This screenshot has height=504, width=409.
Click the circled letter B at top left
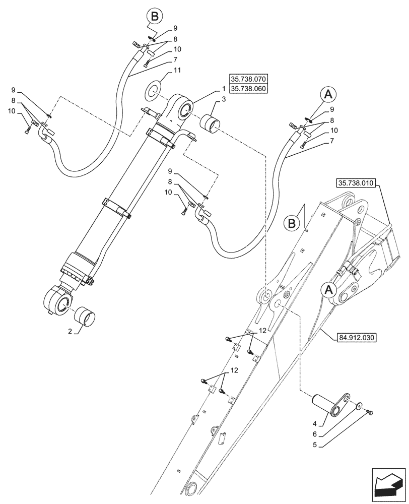(x=155, y=17)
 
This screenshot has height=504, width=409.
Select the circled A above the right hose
(x=328, y=94)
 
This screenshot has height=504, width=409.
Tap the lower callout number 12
(x=233, y=370)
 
